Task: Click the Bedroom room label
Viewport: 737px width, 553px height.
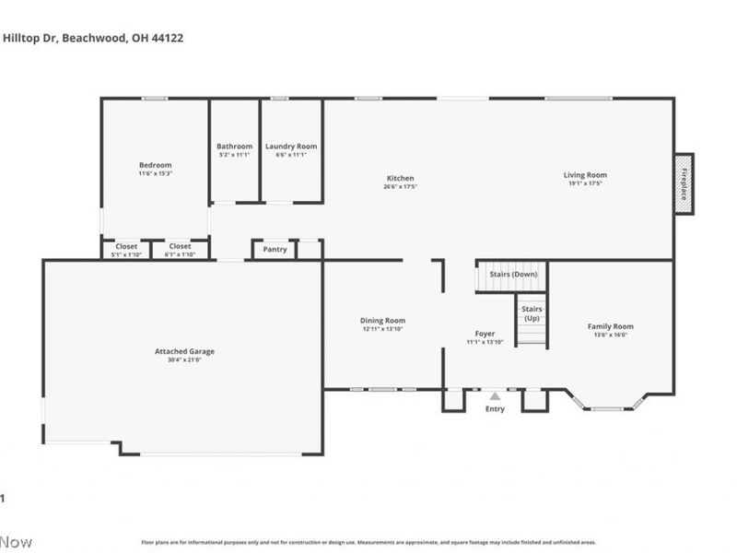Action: coord(155,166)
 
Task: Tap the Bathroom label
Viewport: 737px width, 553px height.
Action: coord(234,147)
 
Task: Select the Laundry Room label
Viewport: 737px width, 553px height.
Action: coord(291,147)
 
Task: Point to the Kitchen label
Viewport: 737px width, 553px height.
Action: coord(400,178)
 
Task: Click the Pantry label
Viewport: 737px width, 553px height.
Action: coord(275,249)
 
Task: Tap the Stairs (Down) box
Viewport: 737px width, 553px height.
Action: coord(511,274)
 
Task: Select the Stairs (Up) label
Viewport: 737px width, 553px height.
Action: coord(532,313)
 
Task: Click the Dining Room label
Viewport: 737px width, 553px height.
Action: coord(382,321)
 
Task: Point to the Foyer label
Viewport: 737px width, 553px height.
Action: coord(485,334)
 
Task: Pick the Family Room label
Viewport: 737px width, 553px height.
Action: coord(611,326)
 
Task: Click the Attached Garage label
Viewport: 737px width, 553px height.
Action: coord(184,351)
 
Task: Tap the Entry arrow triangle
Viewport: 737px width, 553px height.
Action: coord(495,396)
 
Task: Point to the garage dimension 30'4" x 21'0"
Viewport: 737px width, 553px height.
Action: coord(184,360)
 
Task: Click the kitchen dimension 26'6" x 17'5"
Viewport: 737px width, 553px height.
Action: coord(400,186)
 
